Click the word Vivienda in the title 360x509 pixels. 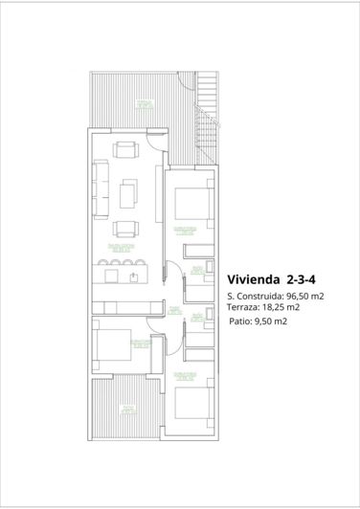point(253,280)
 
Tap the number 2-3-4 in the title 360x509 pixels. point(303,280)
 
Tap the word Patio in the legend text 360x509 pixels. point(240,321)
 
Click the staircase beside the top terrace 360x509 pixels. point(207,120)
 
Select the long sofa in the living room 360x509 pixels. point(101,188)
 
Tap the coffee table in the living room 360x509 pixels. point(126,195)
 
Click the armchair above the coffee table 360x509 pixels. point(125,149)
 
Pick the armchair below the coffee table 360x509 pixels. point(125,229)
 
